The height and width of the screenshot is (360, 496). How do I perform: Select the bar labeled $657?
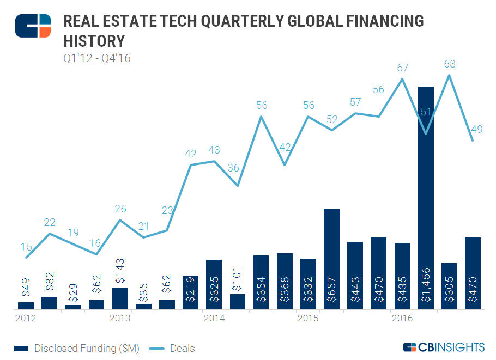coord(331,259)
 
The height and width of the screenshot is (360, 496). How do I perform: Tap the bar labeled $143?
coord(120,298)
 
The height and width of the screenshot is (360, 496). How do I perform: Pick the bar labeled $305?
coord(449,286)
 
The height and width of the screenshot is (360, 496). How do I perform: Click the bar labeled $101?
coord(238,302)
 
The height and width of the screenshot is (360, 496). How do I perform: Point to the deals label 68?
coord(450,64)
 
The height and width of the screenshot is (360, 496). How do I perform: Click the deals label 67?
coord(403,68)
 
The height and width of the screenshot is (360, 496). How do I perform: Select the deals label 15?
coord(26,247)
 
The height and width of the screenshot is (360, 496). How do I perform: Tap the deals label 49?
coord(477,130)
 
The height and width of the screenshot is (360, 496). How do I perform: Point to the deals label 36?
coord(233,168)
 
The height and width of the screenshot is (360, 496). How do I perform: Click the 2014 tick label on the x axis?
coord(214,318)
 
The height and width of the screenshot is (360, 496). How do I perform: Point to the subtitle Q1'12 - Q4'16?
coord(96,58)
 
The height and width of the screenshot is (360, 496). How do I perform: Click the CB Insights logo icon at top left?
coord(33,26)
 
